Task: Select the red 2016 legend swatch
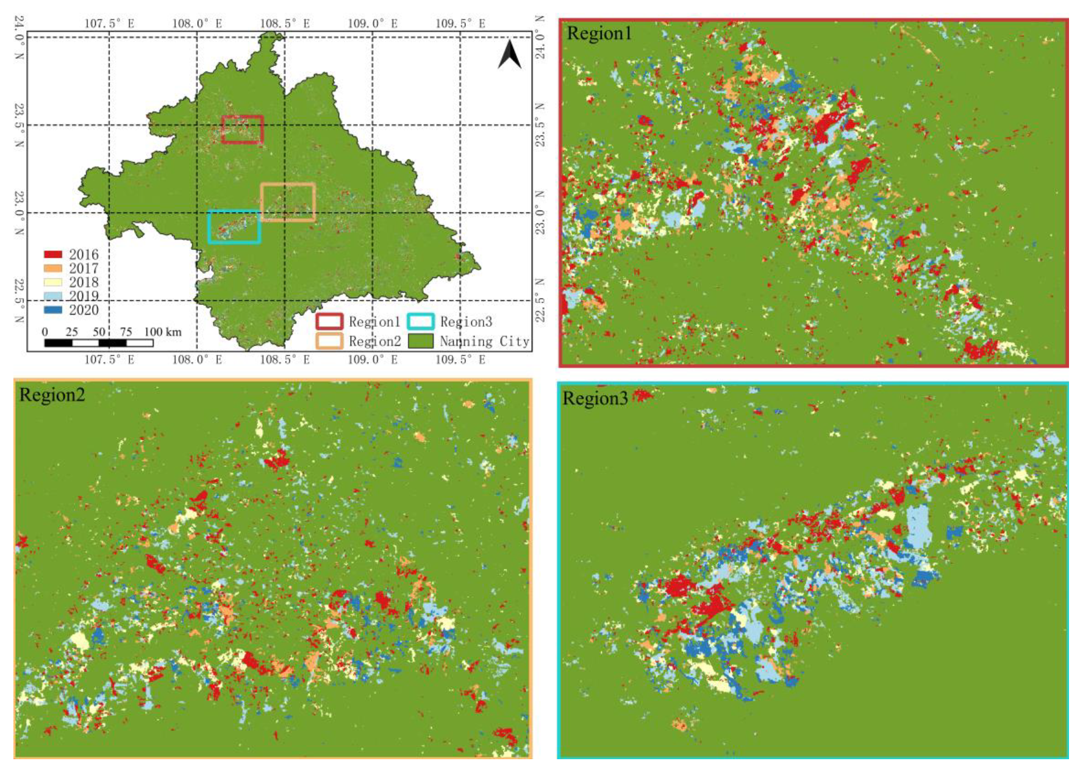pyautogui.click(x=53, y=254)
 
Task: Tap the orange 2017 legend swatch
pyautogui.click(x=53, y=268)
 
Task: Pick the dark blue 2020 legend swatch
pyautogui.click(x=53, y=310)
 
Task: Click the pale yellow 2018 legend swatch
pyautogui.click(x=53, y=282)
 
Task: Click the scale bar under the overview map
pyautogui.click(x=98, y=343)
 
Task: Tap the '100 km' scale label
pyautogui.click(x=163, y=332)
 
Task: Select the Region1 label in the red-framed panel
pyautogui.click(x=599, y=34)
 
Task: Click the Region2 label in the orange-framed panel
pyautogui.click(x=52, y=395)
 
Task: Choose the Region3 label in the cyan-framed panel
pyautogui.click(x=595, y=399)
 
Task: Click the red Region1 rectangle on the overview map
pyautogui.click(x=242, y=129)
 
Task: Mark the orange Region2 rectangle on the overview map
pyautogui.click(x=288, y=202)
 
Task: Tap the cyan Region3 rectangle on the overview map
pyautogui.click(x=234, y=227)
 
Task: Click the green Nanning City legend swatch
pyautogui.click(x=420, y=341)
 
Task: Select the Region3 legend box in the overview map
pyautogui.click(x=420, y=321)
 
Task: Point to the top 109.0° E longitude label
pyautogui.click(x=373, y=24)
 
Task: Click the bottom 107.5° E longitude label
pyautogui.click(x=109, y=360)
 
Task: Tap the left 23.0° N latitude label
pyautogui.click(x=19, y=213)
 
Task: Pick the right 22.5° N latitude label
pyautogui.click(x=540, y=300)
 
